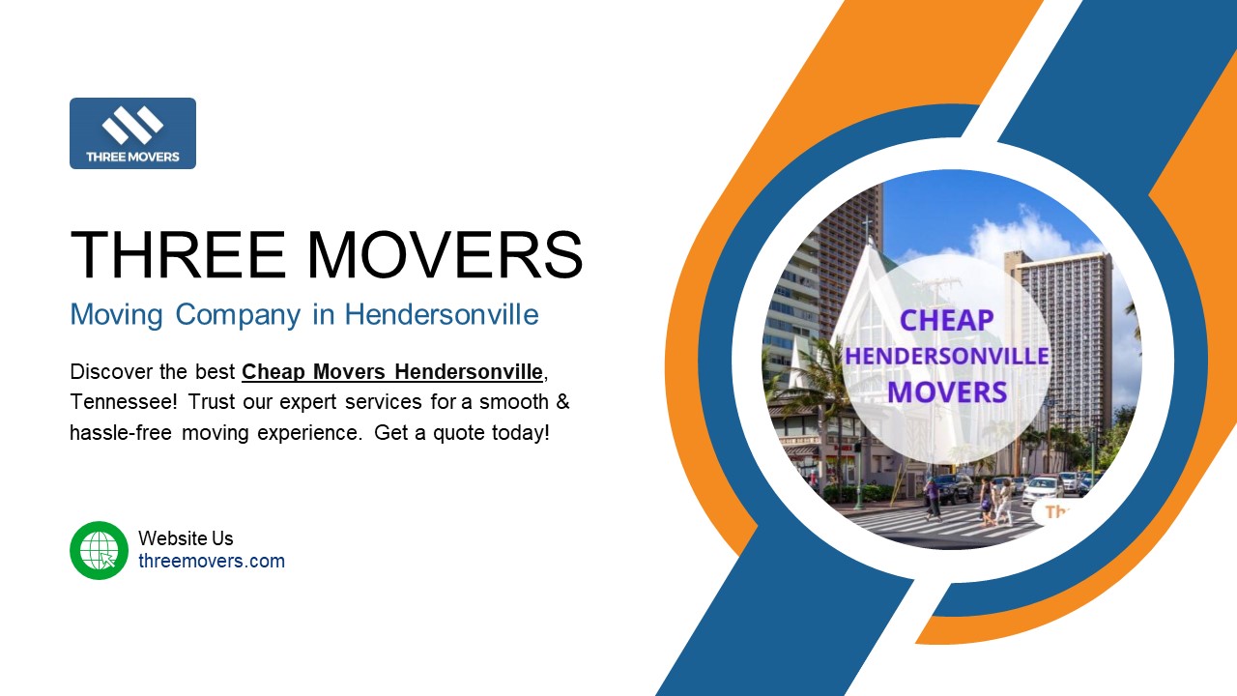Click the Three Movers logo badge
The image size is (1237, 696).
pos(132,133)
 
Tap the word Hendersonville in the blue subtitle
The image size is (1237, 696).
pos(442,314)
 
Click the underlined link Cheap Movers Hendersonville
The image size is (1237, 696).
pos(391,371)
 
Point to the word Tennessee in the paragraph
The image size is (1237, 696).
pos(121,401)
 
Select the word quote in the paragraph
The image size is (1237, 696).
pos(458,432)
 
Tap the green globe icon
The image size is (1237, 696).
pos(99,550)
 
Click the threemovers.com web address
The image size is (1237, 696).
pos(212,561)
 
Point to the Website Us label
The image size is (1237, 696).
pos(186,538)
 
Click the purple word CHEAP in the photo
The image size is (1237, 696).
pos(947,321)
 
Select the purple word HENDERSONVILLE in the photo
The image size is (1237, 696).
pos(947,356)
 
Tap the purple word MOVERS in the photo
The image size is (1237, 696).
pos(947,391)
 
